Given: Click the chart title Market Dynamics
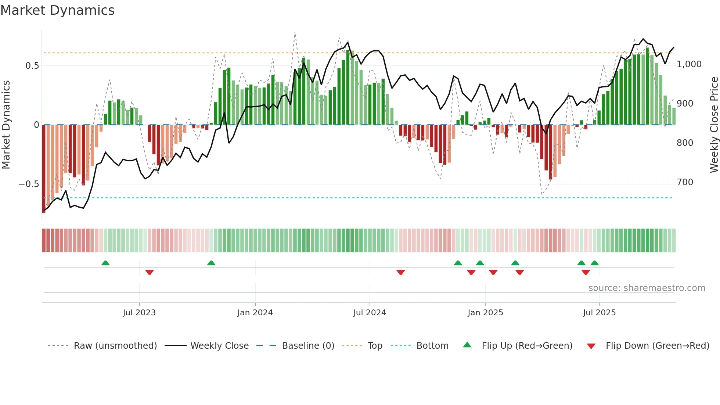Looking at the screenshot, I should [x=57, y=10].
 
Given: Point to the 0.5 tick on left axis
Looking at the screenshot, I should [x=32, y=66].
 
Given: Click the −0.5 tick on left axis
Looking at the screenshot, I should [x=29, y=184].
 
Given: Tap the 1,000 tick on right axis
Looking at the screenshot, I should [x=689, y=64].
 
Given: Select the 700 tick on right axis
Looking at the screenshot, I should [x=685, y=182].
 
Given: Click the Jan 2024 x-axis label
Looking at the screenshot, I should [x=255, y=313].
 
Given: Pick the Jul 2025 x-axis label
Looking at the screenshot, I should [x=599, y=313].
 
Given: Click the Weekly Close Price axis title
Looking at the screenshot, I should [x=714, y=125].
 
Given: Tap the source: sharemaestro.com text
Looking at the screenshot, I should [x=647, y=288].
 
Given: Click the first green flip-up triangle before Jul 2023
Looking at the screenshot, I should [x=105, y=263].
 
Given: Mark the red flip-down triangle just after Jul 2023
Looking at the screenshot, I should [x=150, y=272].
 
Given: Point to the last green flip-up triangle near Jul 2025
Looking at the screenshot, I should [x=594, y=263].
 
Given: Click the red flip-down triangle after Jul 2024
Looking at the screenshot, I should [x=401, y=272].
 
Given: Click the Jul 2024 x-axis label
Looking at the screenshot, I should [x=370, y=313].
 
